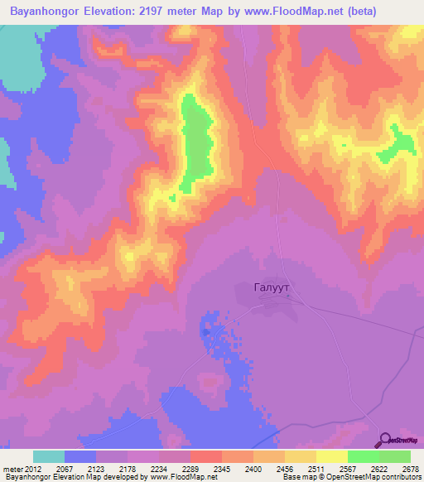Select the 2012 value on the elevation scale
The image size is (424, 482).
tap(33, 469)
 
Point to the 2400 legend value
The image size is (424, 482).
tap(253, 469)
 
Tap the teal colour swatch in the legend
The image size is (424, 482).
tap(48, 456)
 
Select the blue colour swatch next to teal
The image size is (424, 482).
tap(80, 456)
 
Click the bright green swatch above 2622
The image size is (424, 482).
tap(364, 456)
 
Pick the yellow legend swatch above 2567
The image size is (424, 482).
tap(332, 456)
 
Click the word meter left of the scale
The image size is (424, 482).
tap(12, 469)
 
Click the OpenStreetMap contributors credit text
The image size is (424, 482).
tap(369, 477)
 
